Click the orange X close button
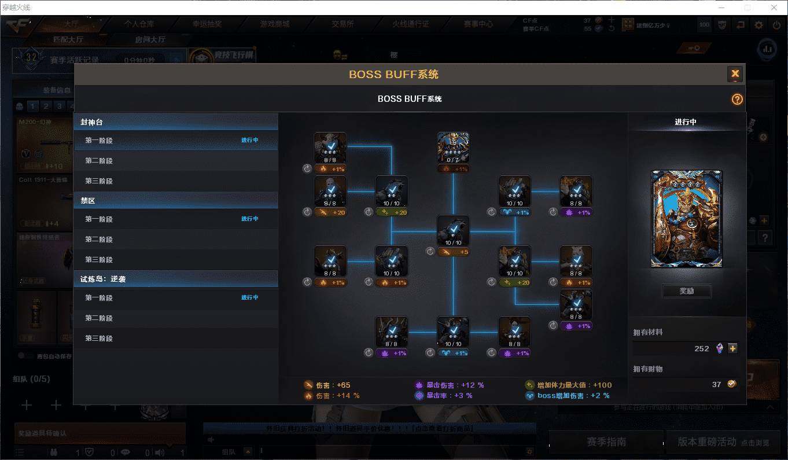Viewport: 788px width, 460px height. (x=735, y=73)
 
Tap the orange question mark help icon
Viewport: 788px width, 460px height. (x=737, y=99)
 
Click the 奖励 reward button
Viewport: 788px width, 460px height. (x=686, y=291)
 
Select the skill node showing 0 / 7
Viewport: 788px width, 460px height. (x=453, y=148)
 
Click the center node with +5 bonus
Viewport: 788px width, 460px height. (x=453, y=231)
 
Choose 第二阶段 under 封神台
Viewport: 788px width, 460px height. (x=99, y=161)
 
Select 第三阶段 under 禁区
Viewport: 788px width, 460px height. (x=99, y=260)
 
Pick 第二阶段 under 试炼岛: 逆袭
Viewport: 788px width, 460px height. (x=99, y=318)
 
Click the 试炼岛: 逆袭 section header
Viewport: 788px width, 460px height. (x=104, y=279)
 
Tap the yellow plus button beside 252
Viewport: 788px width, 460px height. (x=732, y=348)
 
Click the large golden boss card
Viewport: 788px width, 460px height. (x=686, y=219)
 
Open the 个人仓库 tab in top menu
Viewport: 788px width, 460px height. (x=139, y=24)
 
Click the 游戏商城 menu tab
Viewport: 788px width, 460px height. (x=275, y=24)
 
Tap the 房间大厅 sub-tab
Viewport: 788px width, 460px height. (x=150, y=39)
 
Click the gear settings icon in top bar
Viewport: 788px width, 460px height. (x=758, y=25)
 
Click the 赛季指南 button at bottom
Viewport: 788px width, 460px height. (x=606, y=441)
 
